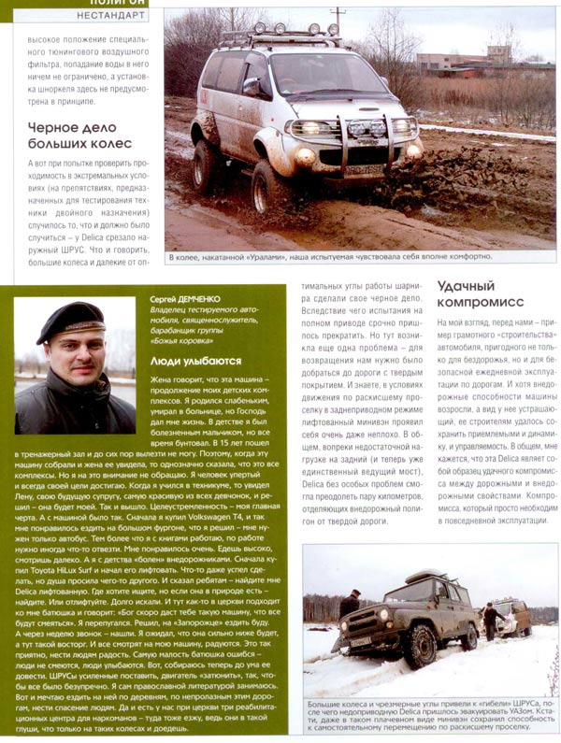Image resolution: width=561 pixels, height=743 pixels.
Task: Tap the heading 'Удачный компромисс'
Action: point(480,294)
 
